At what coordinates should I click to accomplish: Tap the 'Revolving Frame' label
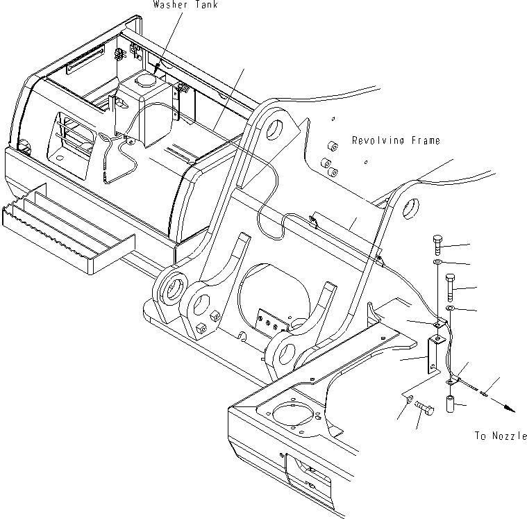coord(395,140)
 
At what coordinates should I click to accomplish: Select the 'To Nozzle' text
coord(499,436)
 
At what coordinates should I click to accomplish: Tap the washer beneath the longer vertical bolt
coord(450,307)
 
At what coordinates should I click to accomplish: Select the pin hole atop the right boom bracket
coord(409,207)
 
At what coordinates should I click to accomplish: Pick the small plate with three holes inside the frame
coord(270,320)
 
